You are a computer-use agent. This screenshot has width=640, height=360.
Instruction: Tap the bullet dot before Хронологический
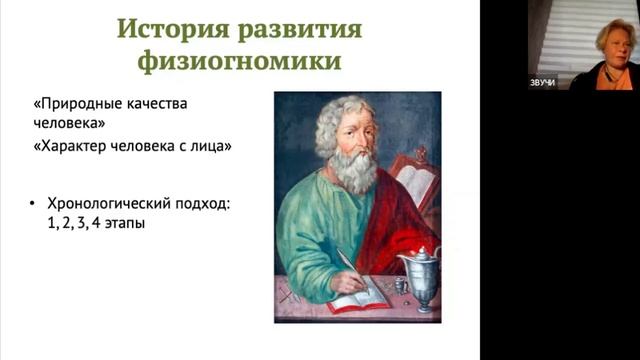36,205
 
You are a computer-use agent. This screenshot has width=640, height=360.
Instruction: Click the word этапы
123,225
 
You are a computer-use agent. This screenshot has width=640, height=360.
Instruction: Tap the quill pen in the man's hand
350,265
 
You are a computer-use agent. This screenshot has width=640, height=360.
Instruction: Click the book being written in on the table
361,297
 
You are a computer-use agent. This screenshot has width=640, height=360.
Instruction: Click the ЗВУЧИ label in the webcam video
542,83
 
